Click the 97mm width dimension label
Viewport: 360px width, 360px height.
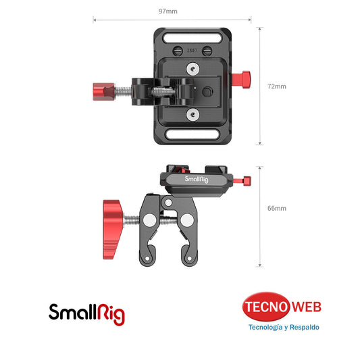click(x=168, y=11)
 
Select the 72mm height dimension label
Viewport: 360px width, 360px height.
click(x=277, y=86)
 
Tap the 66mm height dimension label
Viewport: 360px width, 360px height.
click(x=277, y=209)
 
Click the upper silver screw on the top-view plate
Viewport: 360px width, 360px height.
click(x=193, y=68)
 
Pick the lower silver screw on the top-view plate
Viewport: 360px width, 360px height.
click(x=193, y=115)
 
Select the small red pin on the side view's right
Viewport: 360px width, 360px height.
click(x=247, y=180)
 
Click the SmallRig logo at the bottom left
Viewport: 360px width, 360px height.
click(x=86, y=312)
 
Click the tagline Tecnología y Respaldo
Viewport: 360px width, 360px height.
click(x=283, y=328)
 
